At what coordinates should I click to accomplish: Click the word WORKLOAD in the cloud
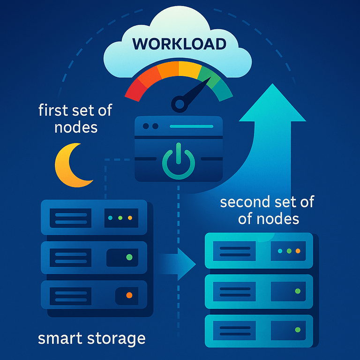[x=180, y=44]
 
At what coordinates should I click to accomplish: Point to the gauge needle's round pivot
[x=180, y=103]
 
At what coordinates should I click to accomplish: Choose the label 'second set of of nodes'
[x=267, y=210]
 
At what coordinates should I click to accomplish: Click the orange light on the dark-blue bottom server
[x=129, y=295]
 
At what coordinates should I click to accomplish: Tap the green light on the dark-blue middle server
[x=129, y=257]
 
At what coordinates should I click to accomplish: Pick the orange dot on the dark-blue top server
[x=130, y=218]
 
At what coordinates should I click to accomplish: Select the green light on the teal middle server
[x=297, y=291]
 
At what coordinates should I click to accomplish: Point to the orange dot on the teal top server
[x=297, y=251]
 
